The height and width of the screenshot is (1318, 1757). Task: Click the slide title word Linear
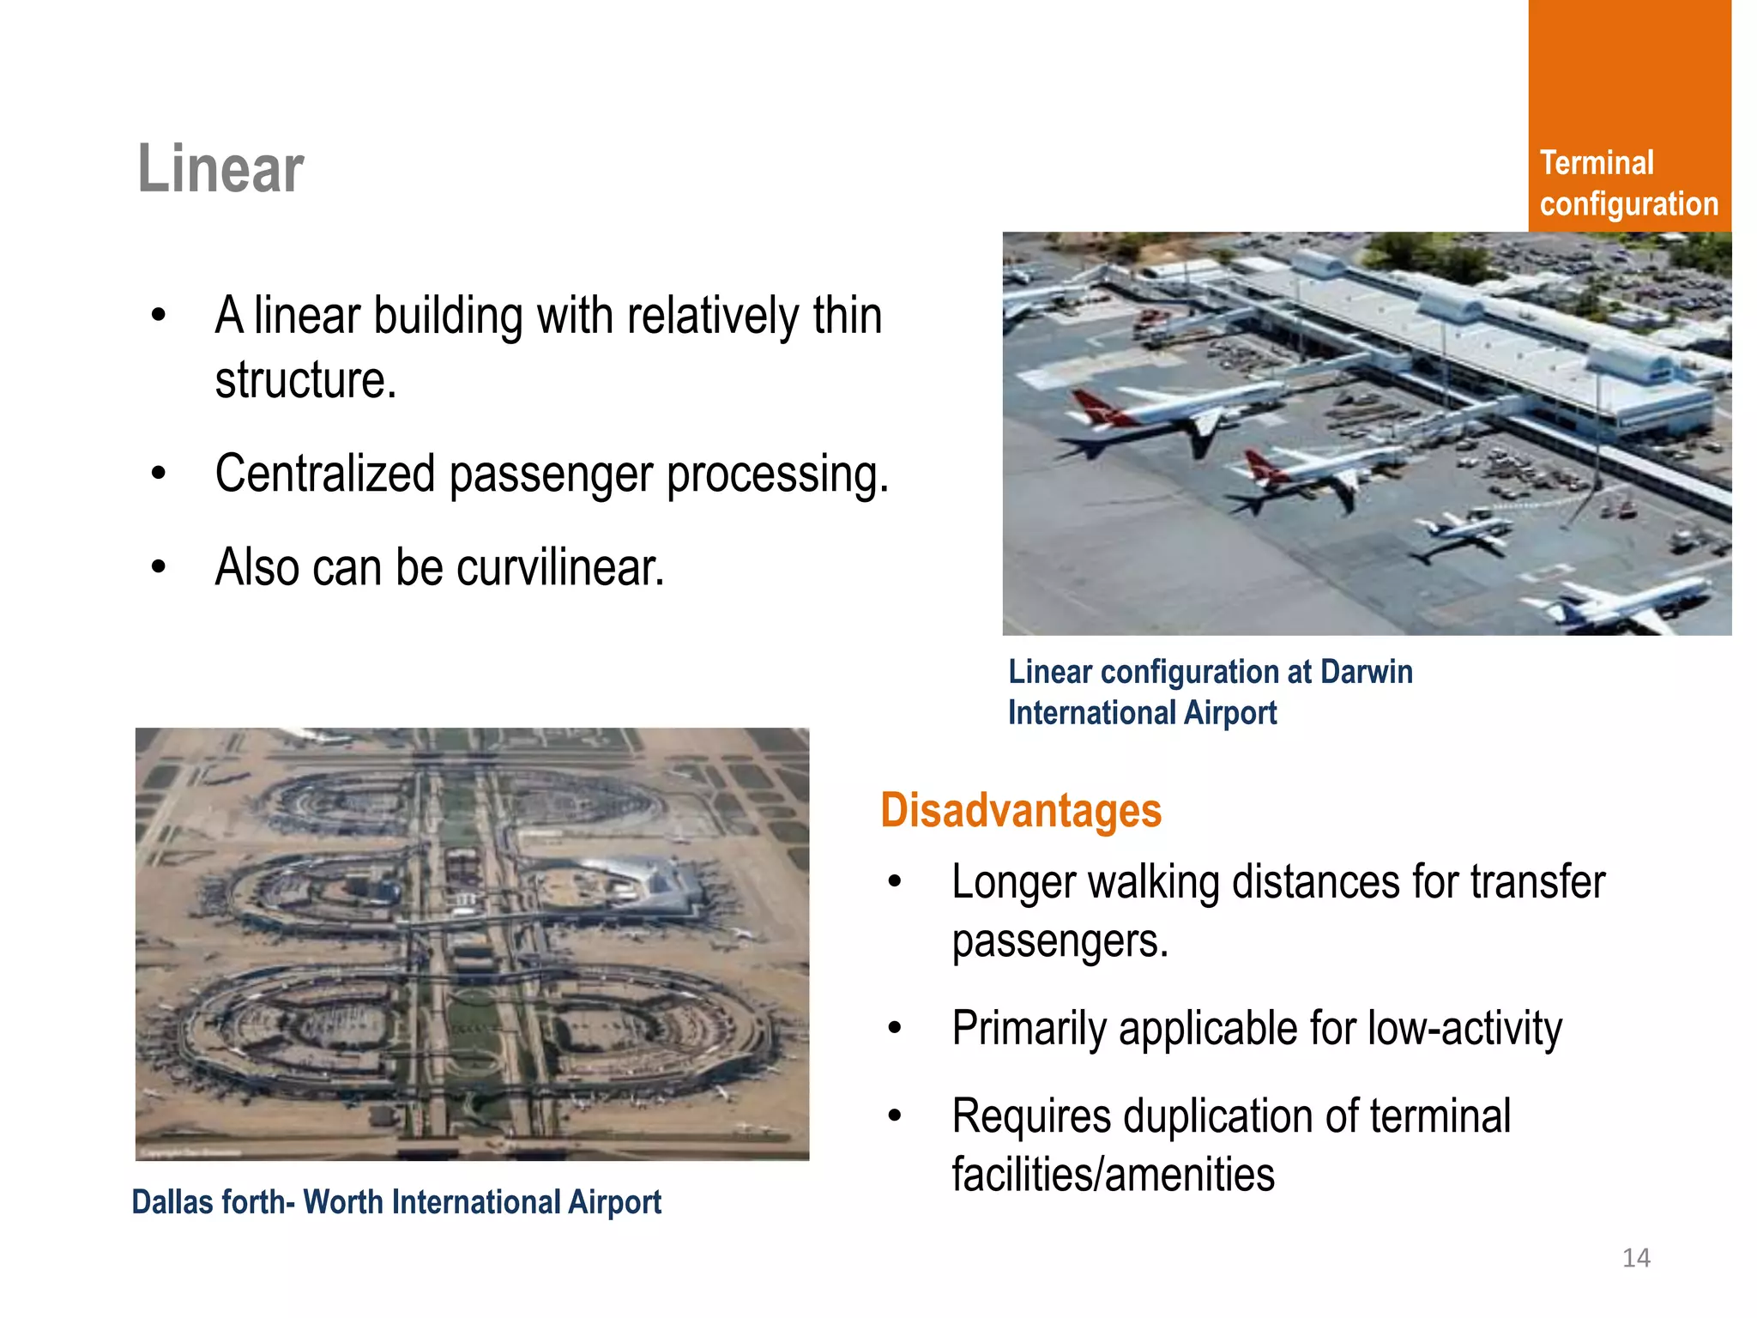click(x=220, y=169)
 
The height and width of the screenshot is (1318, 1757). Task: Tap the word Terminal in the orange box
click(x=1596, y=163)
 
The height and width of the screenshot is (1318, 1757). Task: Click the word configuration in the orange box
click(x=1628, y=204)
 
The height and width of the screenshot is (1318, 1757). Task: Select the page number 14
click(x=1636, y=1258)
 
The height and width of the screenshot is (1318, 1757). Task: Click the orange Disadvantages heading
click(x=1021, y=810)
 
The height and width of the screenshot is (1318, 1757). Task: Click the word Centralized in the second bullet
click(x=325, y=474)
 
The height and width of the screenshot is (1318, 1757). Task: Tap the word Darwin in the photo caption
click(x=1366, y=672)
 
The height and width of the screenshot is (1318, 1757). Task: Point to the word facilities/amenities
click(x=1113, y=1175)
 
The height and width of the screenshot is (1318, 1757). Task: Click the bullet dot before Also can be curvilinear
click(x=158, y=567)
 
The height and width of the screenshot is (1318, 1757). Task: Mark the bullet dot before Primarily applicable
click(x=895, y=1027)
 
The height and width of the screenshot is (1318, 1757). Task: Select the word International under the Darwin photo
click(x=1091, y=713)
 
